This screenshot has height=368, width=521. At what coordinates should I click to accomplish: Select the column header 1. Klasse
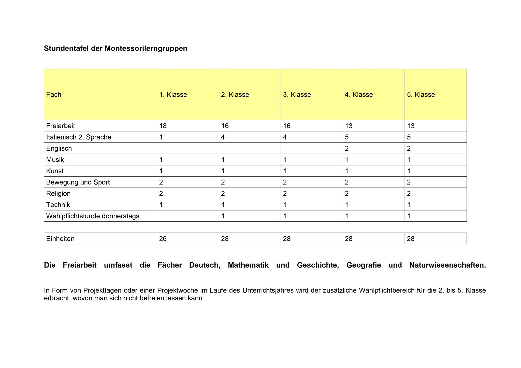click(173, 95)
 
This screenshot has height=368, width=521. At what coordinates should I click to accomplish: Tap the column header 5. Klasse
click(421, 95)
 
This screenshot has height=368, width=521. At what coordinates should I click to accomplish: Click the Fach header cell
click(54, 95)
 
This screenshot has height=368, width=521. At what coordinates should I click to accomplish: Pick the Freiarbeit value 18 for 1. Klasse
click(163, 126)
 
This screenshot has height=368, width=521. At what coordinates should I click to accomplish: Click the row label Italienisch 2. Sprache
click(79, 137)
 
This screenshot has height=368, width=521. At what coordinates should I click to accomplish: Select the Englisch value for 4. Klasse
click(347, 148)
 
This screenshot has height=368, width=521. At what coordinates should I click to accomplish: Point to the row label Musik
click(55, 160)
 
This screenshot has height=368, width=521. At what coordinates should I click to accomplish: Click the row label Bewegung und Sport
click(78, 182)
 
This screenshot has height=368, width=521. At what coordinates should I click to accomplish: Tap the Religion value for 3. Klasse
click(285, 194)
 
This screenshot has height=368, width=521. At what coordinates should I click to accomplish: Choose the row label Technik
click(58, 205)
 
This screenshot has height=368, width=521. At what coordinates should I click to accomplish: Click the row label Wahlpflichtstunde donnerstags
click(93, 216)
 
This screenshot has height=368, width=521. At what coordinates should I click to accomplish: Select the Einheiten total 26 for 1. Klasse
click(163, 239)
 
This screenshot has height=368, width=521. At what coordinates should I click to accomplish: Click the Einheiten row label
click(60, 239)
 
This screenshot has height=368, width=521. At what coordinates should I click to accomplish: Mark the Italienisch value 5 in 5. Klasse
click(409, 137)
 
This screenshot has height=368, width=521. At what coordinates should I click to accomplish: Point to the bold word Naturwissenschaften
click(447, 265)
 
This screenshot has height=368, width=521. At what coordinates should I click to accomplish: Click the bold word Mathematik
click(248, 265)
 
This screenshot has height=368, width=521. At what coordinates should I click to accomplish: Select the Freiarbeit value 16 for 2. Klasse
click(225, 126)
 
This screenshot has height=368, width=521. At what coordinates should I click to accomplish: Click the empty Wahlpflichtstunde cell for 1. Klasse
click(188, 216)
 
